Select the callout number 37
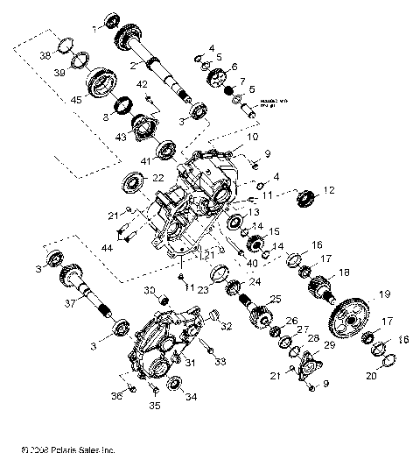click(69, 304)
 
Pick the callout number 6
click(234, 66)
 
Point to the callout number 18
click(344, 272)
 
